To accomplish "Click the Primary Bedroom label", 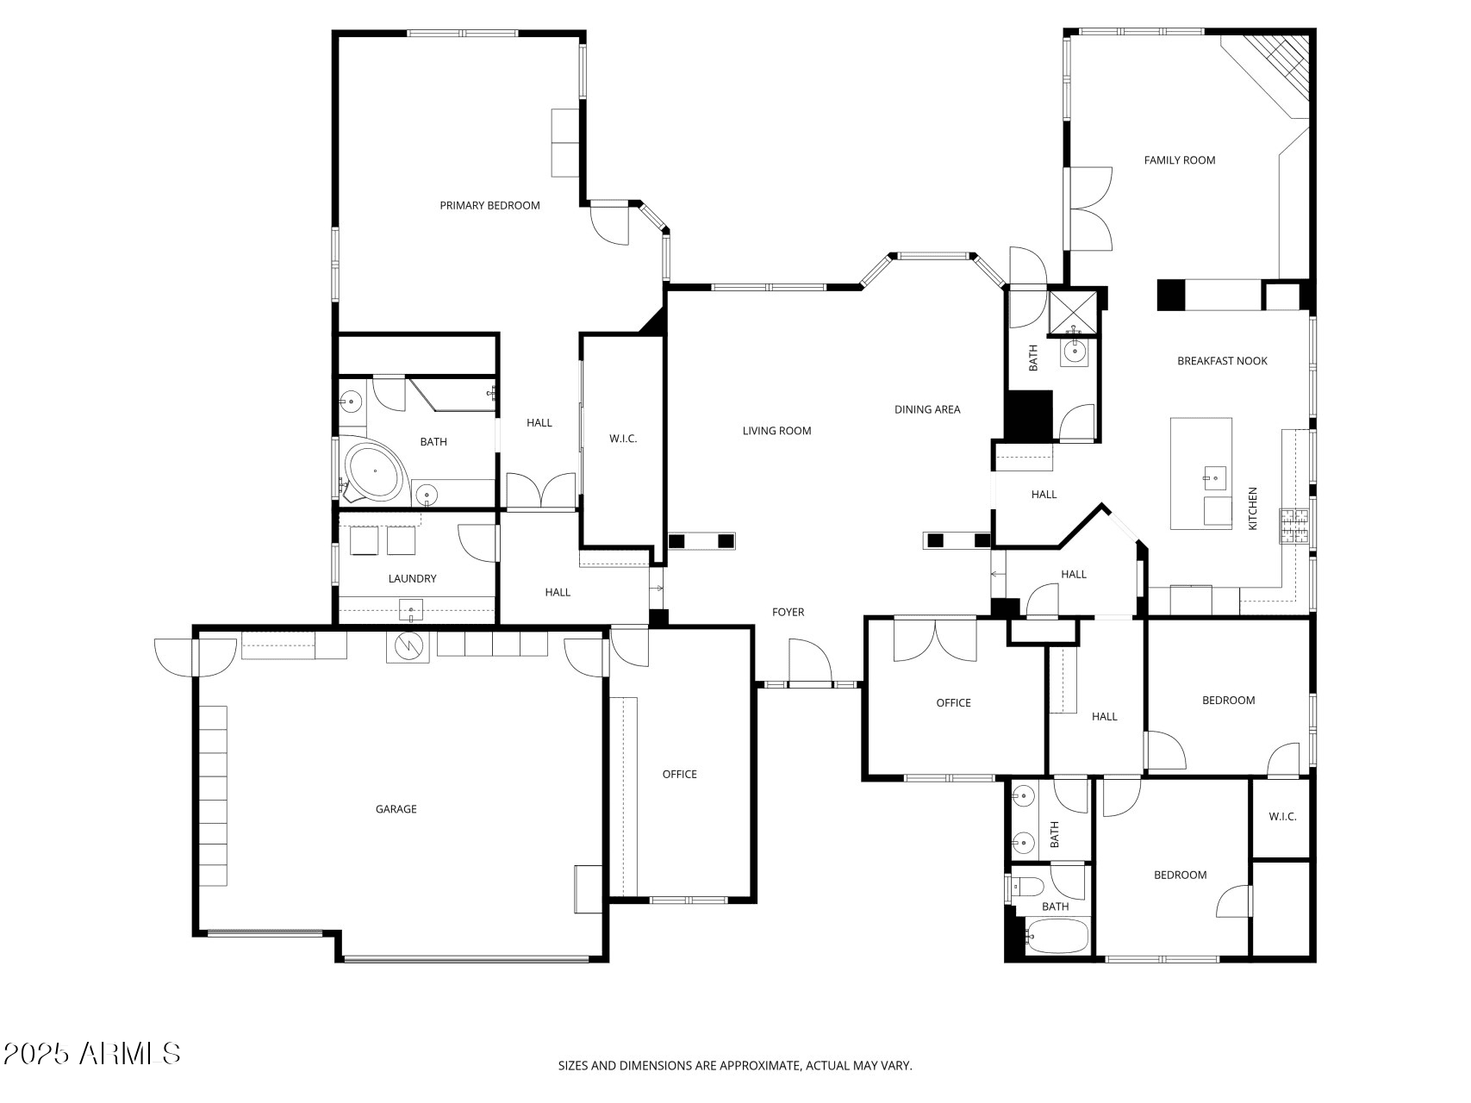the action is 489,205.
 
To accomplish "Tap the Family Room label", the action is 1179,160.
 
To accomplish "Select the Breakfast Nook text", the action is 1222,361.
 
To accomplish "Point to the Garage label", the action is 396,809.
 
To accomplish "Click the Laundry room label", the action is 412,579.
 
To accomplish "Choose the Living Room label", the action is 776,431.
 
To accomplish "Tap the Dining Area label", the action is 926,409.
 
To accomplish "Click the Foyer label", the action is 788,613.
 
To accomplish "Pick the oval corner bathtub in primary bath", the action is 375,472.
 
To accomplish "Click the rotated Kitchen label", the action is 1253,508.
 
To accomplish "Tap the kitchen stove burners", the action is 1293,527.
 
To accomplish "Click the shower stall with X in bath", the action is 1073,312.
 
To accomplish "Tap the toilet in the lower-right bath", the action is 1029,887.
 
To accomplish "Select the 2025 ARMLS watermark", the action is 92,1053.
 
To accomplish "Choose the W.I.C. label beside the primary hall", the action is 623,439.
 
